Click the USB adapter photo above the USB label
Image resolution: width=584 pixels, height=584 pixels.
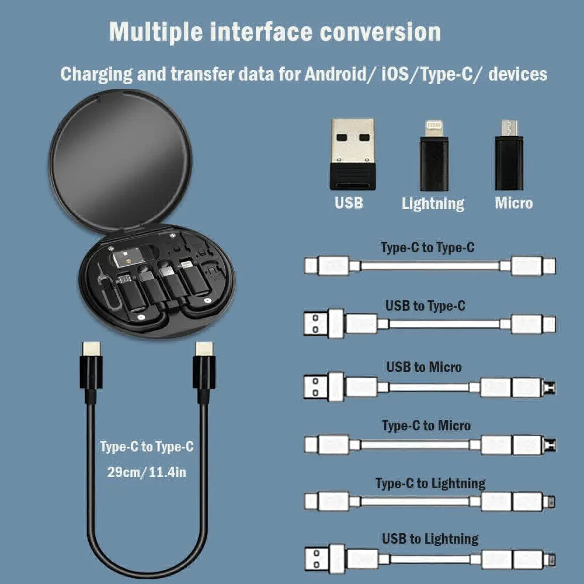pyautogui.click(x=352, y=153)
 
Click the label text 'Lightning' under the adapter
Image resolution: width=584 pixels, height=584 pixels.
pyautogui.click(x=433, y=204)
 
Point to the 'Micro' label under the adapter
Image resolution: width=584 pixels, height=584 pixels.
pyautogui.click(x=513, y=203)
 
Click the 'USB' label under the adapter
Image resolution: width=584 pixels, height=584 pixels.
pyautogui.click(x=349, y=203)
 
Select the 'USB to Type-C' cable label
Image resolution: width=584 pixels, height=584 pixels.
pyautogui.click(x=425, y=305)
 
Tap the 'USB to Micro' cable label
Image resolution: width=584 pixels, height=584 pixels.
pyautogui.click(x=424, y=367)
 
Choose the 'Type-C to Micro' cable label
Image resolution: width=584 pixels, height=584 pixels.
pyautogui.click(x=426, y=426)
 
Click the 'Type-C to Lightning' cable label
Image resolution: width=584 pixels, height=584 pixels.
pyautogui.click(x=430, y=484)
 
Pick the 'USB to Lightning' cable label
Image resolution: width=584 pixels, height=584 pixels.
pyautogui.click(x=430, y=538)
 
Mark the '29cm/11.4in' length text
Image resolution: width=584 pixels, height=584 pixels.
pyautogui.click(x=147, y=472)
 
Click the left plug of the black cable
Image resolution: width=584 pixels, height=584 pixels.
pyautogui.click(x=91, y=368)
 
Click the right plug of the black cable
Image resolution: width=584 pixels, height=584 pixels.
pyautogui.click(x=204, y=368)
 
